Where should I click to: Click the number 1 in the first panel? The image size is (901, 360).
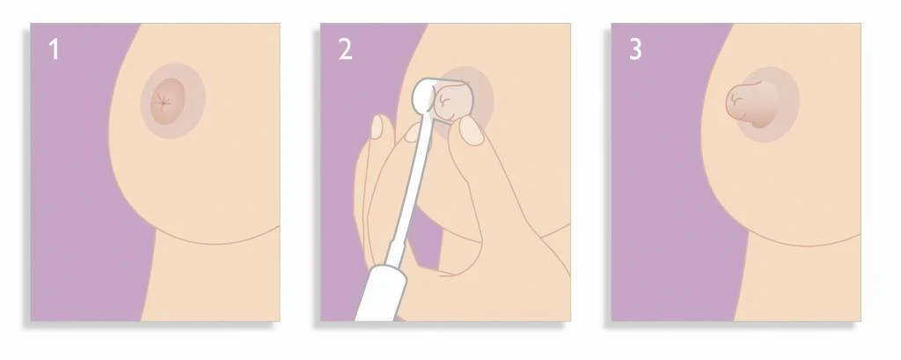54,49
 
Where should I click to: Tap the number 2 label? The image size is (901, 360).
345,49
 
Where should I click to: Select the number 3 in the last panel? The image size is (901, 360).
635,49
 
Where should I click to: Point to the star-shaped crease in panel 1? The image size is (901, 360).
163,102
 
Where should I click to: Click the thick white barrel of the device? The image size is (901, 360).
381,293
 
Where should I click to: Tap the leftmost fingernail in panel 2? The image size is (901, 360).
377,127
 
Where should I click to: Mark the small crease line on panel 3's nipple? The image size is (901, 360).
736,101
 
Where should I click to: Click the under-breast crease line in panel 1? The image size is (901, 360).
218,240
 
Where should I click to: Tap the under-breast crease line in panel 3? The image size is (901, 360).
804,242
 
